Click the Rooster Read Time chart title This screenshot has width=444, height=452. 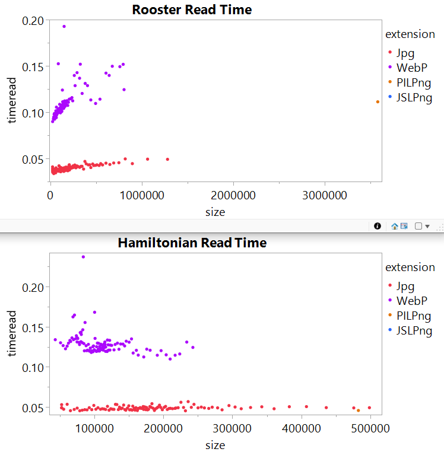tap(192, 9)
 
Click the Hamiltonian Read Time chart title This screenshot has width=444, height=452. tap(192, 243)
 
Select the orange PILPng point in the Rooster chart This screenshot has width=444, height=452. tap(378, 102)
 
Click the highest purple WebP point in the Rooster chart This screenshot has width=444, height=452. tap(64, 26)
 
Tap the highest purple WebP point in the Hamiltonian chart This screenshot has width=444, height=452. tap(83, 257)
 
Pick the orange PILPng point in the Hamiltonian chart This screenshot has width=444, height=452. tap(358, 410)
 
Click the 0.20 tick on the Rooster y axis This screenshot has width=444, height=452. tap(33, 21)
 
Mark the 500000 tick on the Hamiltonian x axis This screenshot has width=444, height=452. tap(370, 427)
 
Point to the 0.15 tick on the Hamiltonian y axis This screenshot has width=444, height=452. tap(33, 327)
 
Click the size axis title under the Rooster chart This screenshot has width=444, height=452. tap(214, 212)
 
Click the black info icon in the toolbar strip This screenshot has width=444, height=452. tap(376, 226)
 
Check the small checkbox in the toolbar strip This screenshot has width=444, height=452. tap(418, 226)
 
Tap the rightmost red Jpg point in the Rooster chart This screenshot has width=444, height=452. tap(167, 159)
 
